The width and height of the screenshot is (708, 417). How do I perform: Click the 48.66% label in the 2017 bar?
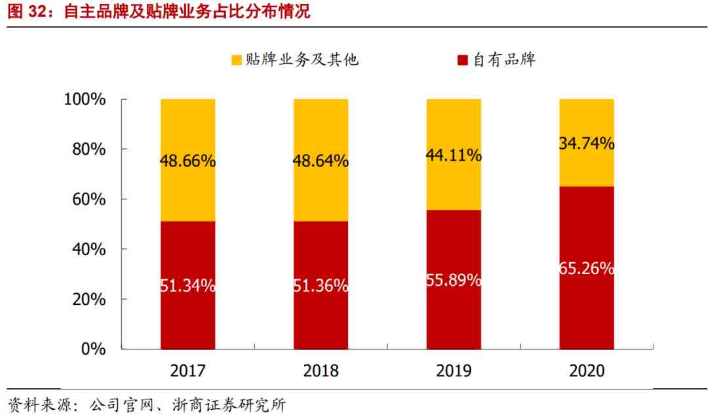[187, 161]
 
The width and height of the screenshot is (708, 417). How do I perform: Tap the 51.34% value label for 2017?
[187, 285]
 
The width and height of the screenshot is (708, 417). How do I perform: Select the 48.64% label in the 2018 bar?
[321, 161]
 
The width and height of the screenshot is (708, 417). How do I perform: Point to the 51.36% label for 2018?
[321, 285]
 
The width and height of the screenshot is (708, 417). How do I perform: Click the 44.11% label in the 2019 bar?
[454, 155]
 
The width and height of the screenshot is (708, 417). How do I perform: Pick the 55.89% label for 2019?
[454, 280]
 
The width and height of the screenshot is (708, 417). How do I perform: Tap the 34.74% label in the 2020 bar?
[587, 144]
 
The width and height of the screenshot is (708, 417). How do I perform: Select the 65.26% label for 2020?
[587, 268]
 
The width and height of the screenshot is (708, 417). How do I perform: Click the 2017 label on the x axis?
[188, 371]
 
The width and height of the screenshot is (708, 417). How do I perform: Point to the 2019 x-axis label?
[454, 371]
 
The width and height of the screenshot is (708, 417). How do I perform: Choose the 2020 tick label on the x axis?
[587, 371]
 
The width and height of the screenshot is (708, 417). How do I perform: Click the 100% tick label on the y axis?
[85, 99]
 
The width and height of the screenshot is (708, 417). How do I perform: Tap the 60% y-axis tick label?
[89, 199]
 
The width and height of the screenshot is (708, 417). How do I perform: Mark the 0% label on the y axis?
[94, 349]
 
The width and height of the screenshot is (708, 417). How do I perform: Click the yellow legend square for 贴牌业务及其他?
[237, 60]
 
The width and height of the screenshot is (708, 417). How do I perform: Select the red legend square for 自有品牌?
[462, 60]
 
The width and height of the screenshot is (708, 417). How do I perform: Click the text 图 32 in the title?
[27, 11]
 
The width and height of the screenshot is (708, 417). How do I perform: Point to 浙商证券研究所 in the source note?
[229, 405]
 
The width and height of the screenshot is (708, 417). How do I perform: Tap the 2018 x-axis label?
[321, 371]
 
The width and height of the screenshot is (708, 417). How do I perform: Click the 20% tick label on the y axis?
[89, 299]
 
